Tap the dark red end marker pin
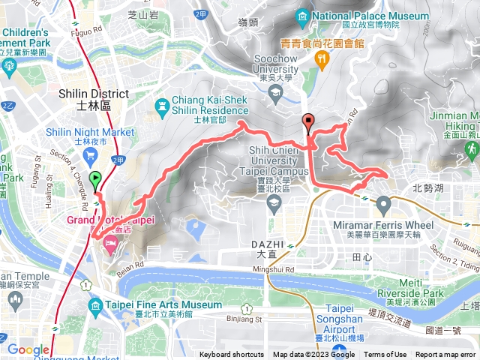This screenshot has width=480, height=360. (x=308, y=121)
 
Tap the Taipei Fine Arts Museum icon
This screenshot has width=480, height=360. (x=95, y=306)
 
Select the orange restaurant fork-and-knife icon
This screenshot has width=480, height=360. (x=323, y=58)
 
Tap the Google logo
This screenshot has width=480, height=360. (x=28, y=349)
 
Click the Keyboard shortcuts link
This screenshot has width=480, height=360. (x=232, y=355)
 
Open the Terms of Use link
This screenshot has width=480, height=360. (x=385, y=355)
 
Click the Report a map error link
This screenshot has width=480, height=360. (x=445, y=355)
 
